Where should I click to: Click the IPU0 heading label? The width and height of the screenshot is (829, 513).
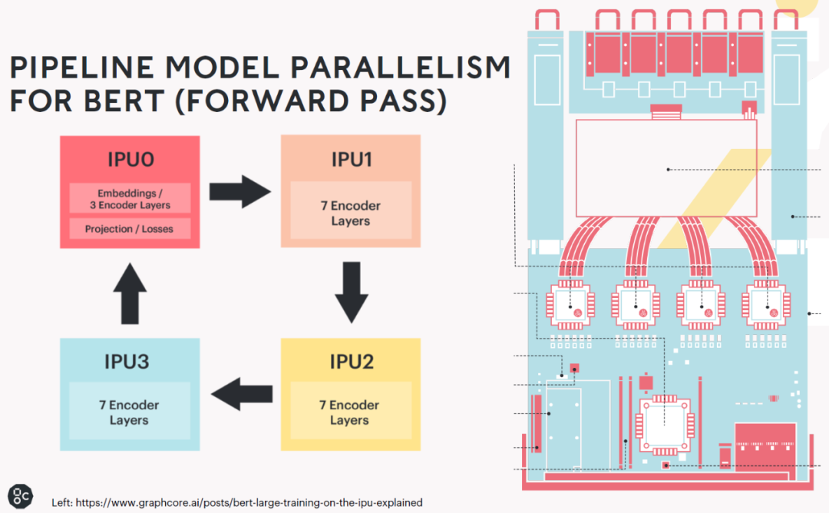tap(130, 159)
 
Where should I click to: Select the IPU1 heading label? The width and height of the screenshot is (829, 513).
tap(352, 159)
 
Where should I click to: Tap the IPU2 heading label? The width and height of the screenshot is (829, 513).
tap(352, 362)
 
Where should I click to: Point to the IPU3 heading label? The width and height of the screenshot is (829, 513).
tap(127, 362)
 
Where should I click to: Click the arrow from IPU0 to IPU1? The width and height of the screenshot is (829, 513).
tap(240, 191)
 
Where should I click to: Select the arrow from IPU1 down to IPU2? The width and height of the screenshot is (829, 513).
tap(352, 293)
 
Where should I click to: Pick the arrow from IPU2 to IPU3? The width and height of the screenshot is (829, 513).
tap(242, 394)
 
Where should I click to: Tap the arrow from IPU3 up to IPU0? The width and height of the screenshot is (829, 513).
tap(130, 293)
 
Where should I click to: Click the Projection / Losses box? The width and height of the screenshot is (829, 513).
tap(130, 229)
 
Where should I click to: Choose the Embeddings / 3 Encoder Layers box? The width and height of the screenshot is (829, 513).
tap(130, 198)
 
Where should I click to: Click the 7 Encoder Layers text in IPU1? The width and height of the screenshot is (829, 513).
tap(351, 213)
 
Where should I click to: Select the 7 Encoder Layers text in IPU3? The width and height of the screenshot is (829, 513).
tap(129, 412)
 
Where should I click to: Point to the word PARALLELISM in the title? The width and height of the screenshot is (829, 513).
tap(400, 67)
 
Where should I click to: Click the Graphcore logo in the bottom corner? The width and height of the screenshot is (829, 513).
tap(21, 496)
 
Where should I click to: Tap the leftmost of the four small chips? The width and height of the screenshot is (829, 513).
tap(570, 305)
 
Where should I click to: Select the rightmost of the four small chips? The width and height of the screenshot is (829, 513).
tap(767, 305)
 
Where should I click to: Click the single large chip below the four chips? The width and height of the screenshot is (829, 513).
tap(665, 425)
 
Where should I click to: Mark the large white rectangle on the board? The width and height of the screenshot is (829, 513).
tap(666, 168)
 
